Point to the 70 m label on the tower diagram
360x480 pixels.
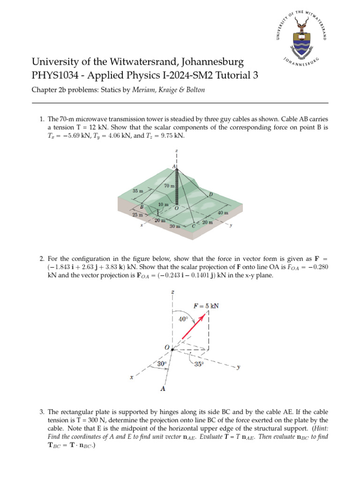(169, 186)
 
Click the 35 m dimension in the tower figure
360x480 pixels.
(137, 191)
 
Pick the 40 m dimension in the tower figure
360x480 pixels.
(223, 212)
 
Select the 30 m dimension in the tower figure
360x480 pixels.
(175, 226)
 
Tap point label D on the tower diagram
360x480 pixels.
(210, 195)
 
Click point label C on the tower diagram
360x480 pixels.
(194, 226)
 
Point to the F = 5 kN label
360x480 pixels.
(206, 306)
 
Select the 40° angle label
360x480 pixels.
(184, 319)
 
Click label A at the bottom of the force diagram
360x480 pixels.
(163, 389)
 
